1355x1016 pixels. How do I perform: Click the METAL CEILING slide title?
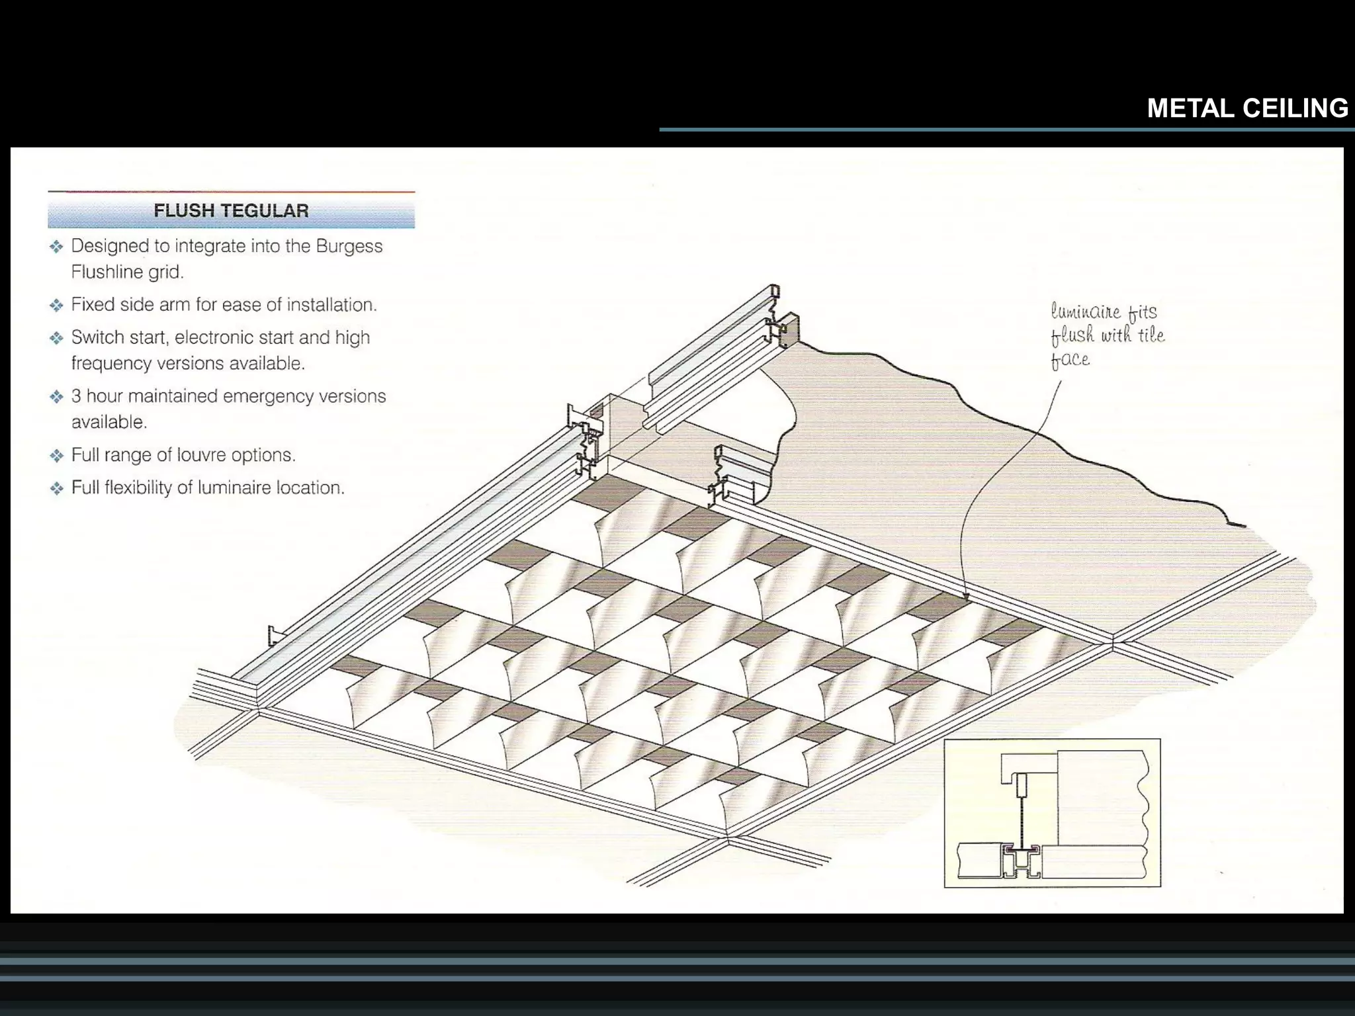(1247, 108)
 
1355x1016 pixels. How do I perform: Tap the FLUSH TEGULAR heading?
(231, 211)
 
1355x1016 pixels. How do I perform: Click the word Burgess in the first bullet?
(349, 247)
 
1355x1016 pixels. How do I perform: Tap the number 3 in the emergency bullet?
(76, 396)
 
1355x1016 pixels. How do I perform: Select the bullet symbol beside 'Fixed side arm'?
(56, 305)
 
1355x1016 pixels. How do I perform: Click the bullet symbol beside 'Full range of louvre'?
(56, 455)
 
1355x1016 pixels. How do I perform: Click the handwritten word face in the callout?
(1071, 360)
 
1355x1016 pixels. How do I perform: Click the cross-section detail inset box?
(1052, 813)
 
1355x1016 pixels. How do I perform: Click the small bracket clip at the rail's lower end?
(275, 636)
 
